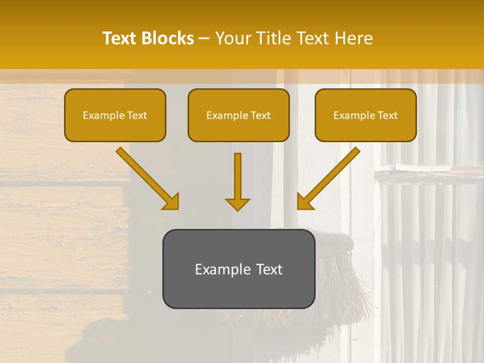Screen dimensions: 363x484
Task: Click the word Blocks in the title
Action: (x=167, y=38)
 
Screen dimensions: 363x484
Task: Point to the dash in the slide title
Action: (x=204, y=39)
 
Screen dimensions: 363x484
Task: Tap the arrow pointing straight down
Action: (x=237, y=181)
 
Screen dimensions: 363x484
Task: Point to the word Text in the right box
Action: (x=387, y=115)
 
